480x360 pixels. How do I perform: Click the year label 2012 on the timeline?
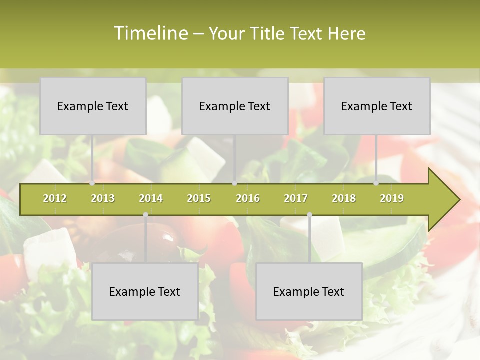pyautogui.click(x=55, y=199)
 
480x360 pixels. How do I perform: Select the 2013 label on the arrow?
pyautogui.click(x=103, y=199)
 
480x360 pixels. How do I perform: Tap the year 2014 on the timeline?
pyautogui.click(x=151, y=199)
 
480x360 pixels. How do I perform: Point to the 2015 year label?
pyautogui.click(x=199, y=199)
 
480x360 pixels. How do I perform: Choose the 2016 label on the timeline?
pyautogui.click(x=248, y=199)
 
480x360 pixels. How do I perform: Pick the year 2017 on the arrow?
pyautogui.click(x=296, y=199)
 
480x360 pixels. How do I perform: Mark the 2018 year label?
pyautogui.click(x=344, y=199)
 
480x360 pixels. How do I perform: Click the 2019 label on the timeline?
pyautogui.click(x=392, y=199)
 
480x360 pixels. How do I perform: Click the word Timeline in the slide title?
pyautogui.click(x=149, y=33)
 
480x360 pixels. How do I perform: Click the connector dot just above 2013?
pyautogui.click(x=92, y=183)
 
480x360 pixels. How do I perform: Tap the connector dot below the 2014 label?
pyautogui.click(x=145, y=215)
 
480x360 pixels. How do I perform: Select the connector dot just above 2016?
pyautogui.click(x=235, y=183)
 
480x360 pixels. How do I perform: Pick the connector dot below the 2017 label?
pyautogui.click(x=309, y=215)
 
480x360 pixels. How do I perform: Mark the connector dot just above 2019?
pyautogui.click(x=376, y=183)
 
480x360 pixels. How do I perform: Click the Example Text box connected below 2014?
pyautogui.click(x=145, y=291)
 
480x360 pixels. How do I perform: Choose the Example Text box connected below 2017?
pyautogui.click(x=309, y=291)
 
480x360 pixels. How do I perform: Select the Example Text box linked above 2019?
pyautogui.click(x=377, y=106)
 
